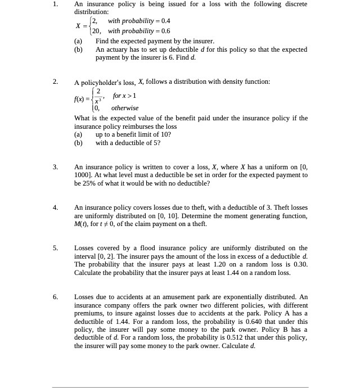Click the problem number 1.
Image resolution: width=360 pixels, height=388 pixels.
[55, 4]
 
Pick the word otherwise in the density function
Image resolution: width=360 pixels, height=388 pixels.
[125, 108]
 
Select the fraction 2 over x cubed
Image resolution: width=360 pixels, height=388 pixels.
[98, 96]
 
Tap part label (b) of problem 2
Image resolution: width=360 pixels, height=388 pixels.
[78, 143]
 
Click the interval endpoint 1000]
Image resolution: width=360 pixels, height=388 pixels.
[84, 175]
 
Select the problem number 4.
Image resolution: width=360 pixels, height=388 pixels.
[55, 208]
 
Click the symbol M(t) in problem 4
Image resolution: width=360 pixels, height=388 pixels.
[82, 224]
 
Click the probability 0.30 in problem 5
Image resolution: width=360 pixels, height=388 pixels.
[300, 264]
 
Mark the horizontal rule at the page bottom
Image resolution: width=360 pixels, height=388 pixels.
[180, 387]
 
